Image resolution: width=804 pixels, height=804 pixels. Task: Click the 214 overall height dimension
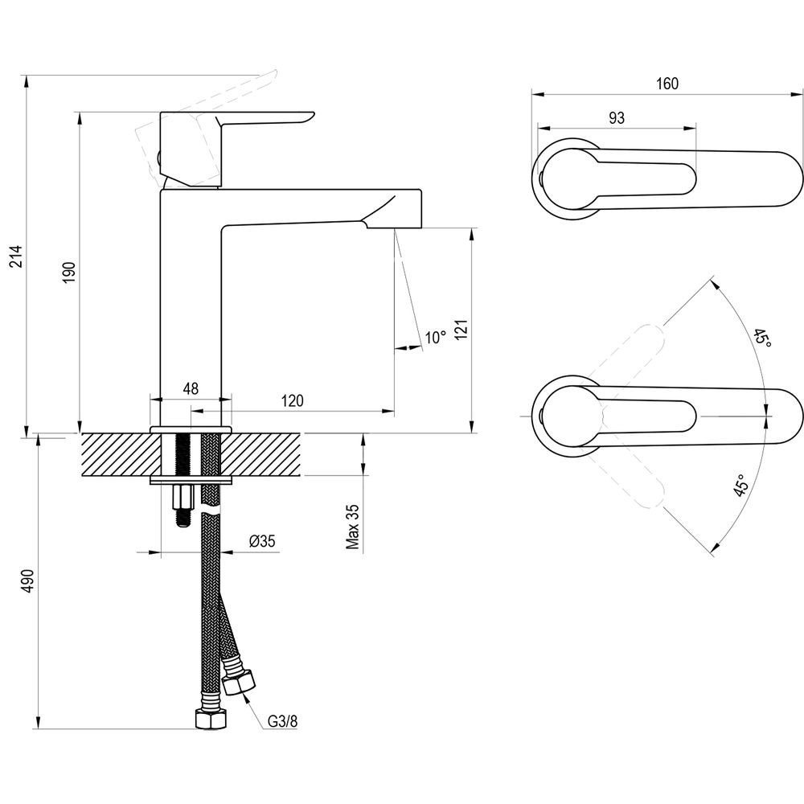coord(17,256)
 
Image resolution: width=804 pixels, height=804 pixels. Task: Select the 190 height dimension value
coord(70,272)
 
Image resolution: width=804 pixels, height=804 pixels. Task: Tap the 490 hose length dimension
coord(29,580)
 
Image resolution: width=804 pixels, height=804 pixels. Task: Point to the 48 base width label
coord(191,388)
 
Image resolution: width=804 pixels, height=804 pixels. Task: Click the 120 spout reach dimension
coord(293,400)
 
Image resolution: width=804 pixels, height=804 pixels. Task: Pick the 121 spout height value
coord(461,329)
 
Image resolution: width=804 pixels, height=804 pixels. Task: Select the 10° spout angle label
coord(436,338)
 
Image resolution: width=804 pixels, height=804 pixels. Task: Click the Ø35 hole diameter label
coord(263,541)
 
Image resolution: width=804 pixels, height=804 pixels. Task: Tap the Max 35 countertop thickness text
coord(353,527)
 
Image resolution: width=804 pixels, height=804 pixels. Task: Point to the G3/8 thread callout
coord(282,721)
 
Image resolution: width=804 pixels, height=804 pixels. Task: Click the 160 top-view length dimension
coord(667,84)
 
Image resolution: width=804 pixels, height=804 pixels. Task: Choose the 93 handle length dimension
coord(617,118)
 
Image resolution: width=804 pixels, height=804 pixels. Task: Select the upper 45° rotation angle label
coord(762,339)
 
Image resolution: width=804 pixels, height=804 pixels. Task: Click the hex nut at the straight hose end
coord(211,719)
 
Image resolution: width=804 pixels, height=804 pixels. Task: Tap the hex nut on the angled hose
coord(239,683)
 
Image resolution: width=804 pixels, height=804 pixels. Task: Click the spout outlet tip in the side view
coord(395,228)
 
